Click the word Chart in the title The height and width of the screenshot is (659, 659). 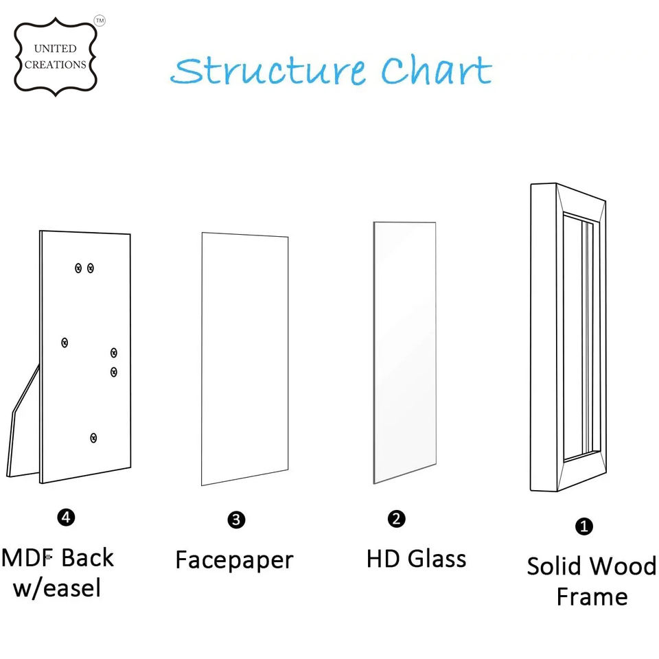pos(437,71)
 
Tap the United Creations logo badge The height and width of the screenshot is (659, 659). pos(55,56)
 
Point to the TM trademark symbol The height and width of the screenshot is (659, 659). pos(100,21)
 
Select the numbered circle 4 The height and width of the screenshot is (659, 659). pos(66,518)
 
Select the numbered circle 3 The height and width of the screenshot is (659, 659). pos(235,520)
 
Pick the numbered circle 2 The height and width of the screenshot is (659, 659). pos(396,518)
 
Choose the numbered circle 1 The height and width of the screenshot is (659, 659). pos(583,527)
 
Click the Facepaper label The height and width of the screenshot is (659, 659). pos(234,559)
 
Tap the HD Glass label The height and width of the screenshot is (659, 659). pos(416,558)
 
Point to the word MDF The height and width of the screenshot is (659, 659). pos(27,557)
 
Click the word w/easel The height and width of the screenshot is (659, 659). pos(56,588)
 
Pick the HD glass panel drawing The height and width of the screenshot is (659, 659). pos(404,351)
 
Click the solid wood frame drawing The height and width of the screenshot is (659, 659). pos(568,336)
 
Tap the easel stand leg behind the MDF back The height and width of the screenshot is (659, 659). pos(21,426)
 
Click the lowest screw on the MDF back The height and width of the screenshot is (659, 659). pos(93,437)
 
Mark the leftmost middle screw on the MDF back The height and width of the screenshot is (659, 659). pos(65,342)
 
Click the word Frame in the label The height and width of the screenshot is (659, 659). pos(592,597)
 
